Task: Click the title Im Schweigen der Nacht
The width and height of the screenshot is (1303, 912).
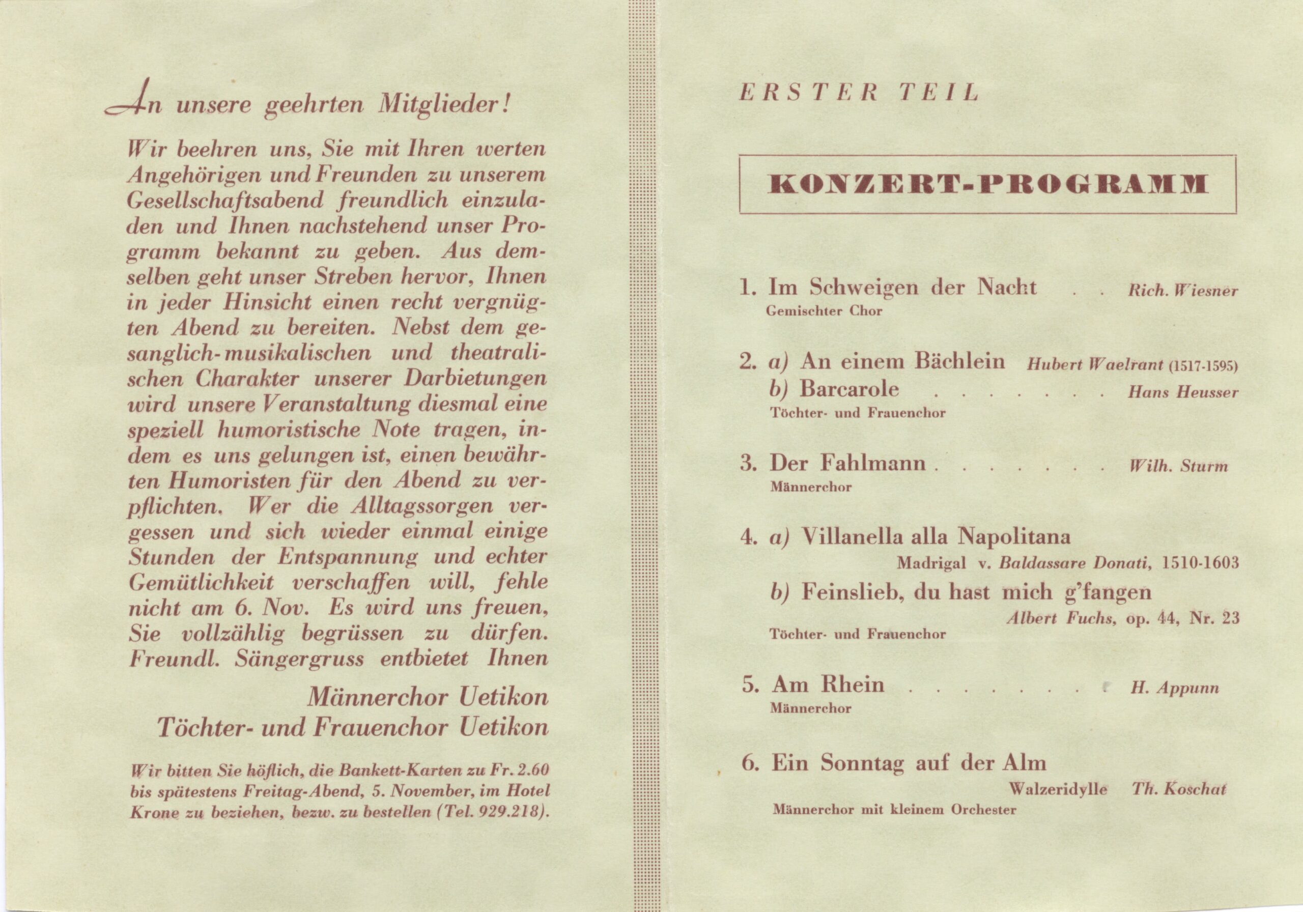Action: [902, 288]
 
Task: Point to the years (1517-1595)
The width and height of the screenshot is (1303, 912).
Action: [1203, 365]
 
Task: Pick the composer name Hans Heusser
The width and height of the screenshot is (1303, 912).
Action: [1183, 392]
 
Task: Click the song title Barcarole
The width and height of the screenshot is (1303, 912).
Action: [849, 389]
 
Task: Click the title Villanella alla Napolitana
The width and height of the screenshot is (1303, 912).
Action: [935, 536]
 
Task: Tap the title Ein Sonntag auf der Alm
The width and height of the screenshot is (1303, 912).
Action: [908, 763]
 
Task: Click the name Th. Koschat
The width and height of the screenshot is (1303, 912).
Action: [1179, 789]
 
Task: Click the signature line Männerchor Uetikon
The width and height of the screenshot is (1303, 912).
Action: [428, 697]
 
